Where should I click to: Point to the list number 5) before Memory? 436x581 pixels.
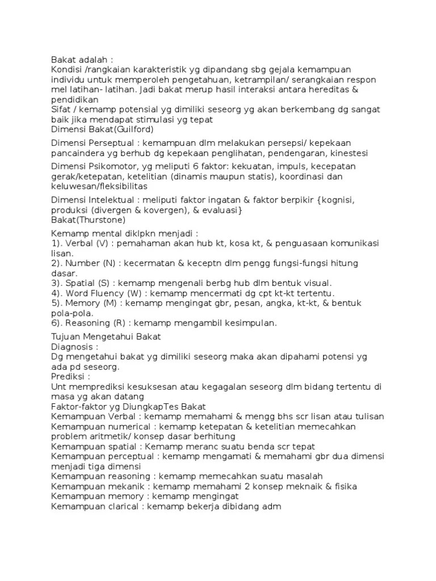point(56,303)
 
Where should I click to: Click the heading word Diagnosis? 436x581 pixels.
point(72,346)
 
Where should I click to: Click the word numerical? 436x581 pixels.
point(125,426)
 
